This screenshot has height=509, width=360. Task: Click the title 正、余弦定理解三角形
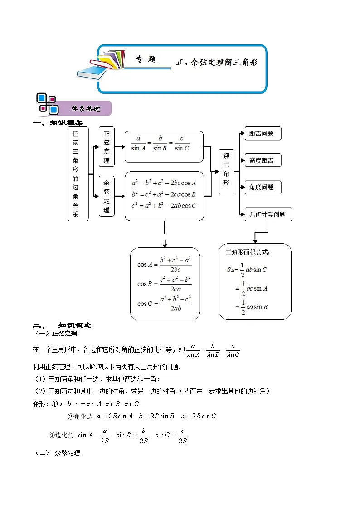tap(217, 63)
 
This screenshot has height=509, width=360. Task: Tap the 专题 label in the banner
tap(146, 59)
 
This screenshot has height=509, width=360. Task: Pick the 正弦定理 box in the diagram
tap(107, 147)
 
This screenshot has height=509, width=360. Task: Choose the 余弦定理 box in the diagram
tap(107, 196)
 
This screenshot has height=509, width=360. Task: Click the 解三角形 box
tap(226, 171)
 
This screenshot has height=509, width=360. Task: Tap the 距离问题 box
tap(262, 133)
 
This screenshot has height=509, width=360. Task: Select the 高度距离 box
tap(262, 160)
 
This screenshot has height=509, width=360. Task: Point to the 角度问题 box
tap(262, 187)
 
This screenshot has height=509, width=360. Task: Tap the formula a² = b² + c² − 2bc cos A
tap(164, 183)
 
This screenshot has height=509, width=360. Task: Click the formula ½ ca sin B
tap(252, 307)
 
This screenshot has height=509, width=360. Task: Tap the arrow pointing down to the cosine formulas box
tap(165, 236)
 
